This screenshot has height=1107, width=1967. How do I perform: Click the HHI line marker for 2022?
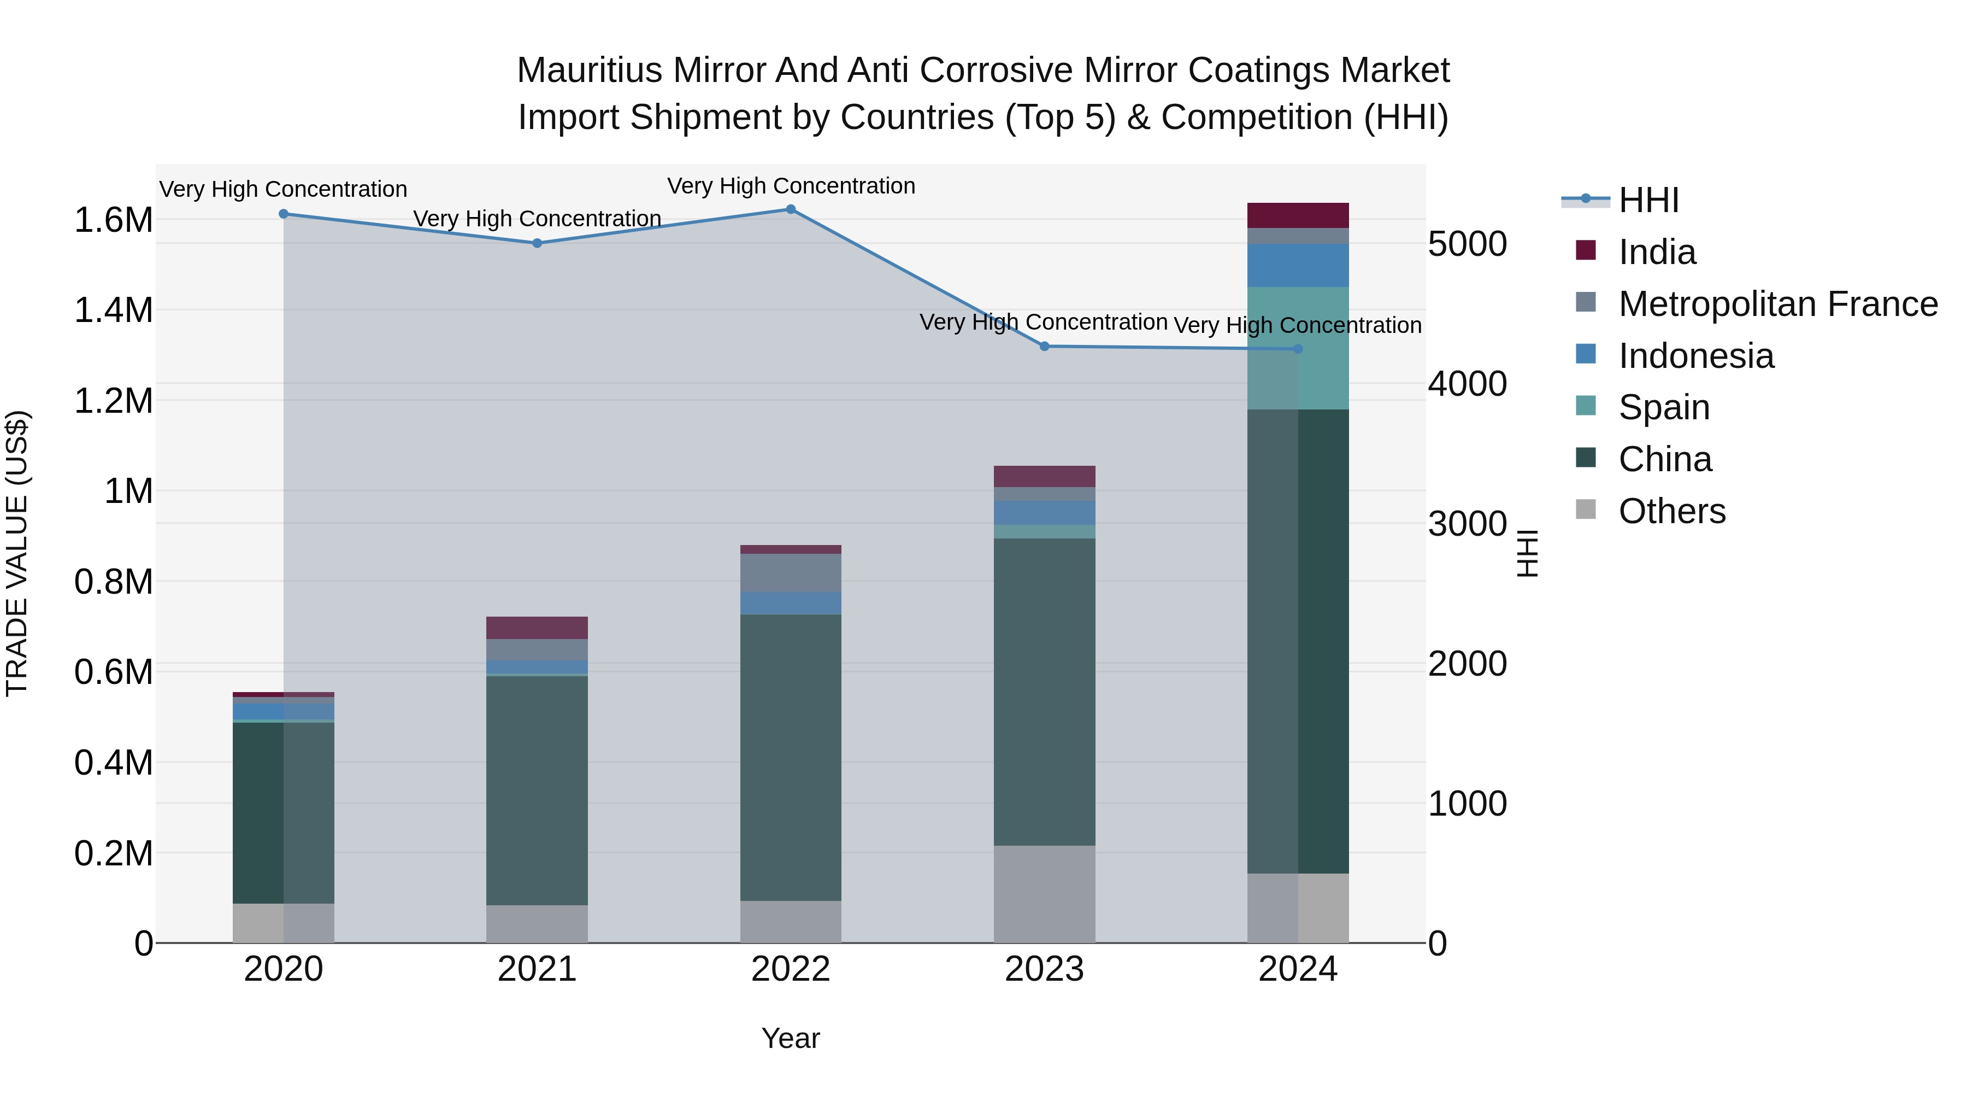pos(790,209)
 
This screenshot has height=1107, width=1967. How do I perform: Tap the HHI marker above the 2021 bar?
pos(537,243)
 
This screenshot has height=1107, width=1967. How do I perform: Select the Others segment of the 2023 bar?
pos(1044,893)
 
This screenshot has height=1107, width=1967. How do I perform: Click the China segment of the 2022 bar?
pos(790,757)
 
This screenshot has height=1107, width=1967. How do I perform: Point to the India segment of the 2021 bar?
pos(537,627)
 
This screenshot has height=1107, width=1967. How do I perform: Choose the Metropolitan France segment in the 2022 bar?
pos(790,572)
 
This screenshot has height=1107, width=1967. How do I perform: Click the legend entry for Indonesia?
pos(1695,356)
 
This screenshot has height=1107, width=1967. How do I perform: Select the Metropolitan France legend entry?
pos(1777,304)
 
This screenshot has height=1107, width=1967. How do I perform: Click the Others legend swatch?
pos(1585,509)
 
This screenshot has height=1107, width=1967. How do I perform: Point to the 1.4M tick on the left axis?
pos(113,310)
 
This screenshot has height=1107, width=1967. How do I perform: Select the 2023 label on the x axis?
pos(1044,969)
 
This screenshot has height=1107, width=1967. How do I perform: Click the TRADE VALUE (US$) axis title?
pos(17,553)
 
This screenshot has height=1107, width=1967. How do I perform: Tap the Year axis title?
pos(790,1038)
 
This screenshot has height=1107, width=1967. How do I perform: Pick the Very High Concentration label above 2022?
pos(790,186)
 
